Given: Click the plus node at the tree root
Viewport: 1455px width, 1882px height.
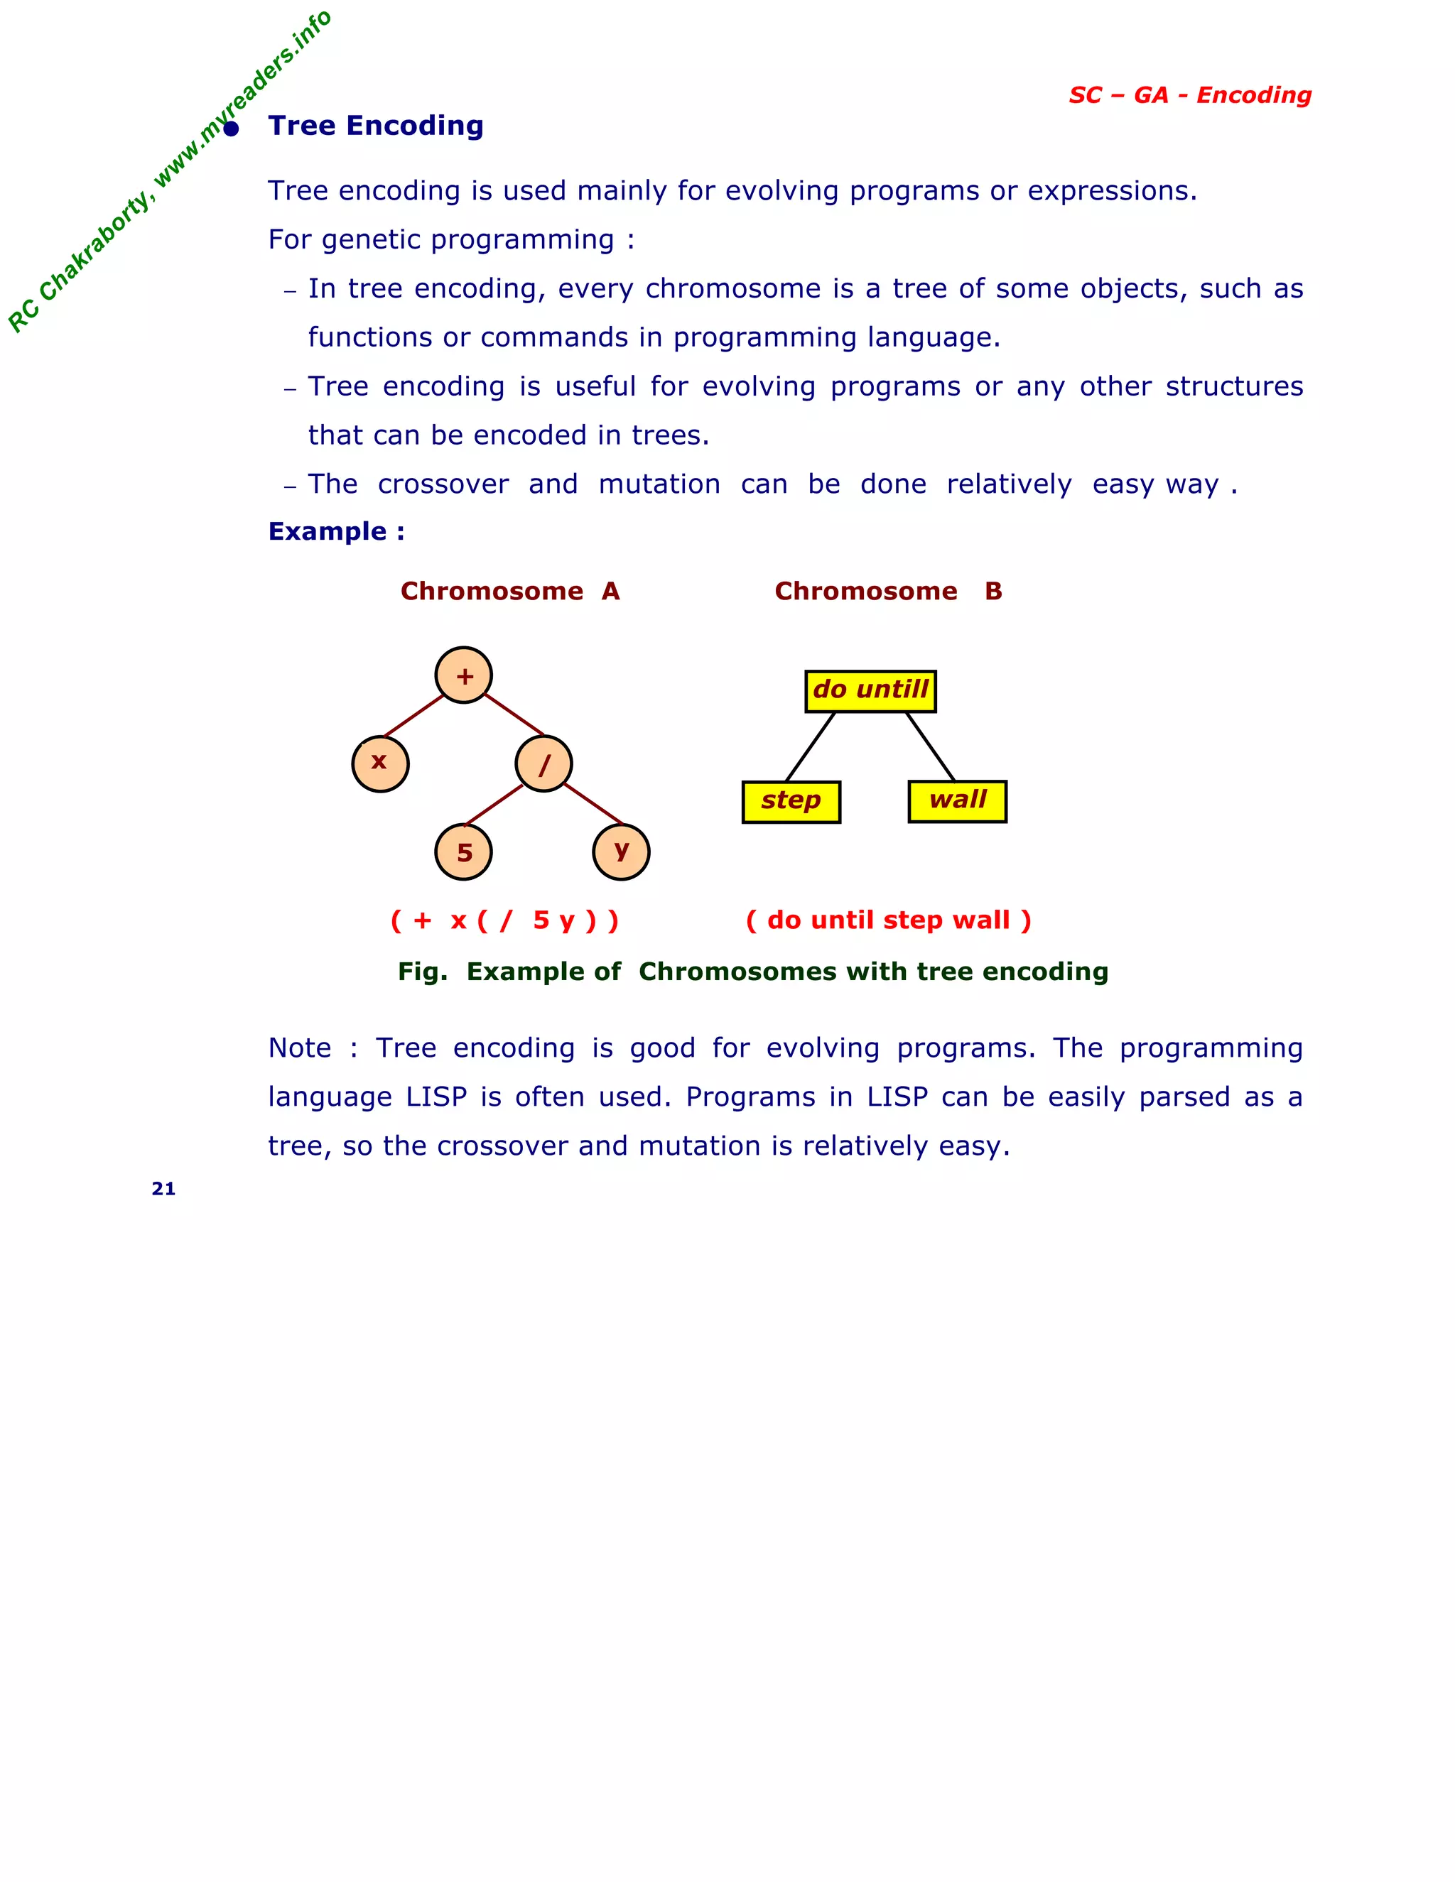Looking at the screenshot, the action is [x=464, y=675].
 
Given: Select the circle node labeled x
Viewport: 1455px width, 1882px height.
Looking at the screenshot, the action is [x=380, y=763].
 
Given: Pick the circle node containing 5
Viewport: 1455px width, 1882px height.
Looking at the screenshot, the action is [x=464, y=852].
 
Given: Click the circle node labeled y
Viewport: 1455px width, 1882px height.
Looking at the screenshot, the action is [x=621, y=852].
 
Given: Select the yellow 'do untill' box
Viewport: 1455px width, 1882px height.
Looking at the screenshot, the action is [x=870, y=691].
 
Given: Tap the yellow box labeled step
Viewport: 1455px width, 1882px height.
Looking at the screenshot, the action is [x=791, y=801].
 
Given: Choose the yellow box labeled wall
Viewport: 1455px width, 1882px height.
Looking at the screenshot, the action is [x=957, y=801].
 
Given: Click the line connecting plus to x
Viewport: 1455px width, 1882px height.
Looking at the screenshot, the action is [x=413, y=715].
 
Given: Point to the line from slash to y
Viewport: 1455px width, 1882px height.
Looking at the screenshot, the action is [x=593, y=805].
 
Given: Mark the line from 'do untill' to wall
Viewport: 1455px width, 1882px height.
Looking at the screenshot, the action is [x=930, y=746].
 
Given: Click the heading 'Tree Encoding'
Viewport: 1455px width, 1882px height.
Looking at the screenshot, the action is [x=376, y=126].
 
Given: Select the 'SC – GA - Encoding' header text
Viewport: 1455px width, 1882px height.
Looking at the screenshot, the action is [x=1189, y=94].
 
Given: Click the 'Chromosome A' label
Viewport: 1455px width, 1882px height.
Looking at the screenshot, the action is [x=509, y=591].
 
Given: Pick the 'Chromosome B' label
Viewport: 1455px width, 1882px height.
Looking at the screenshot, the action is [x=888, y=591].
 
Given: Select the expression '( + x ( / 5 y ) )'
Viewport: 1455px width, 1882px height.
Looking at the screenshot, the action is [x=504, y=920].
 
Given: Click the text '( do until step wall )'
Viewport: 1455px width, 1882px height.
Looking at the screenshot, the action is [x=888, y=920].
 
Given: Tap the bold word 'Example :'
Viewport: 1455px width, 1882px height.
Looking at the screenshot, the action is [x=336, y=531].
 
